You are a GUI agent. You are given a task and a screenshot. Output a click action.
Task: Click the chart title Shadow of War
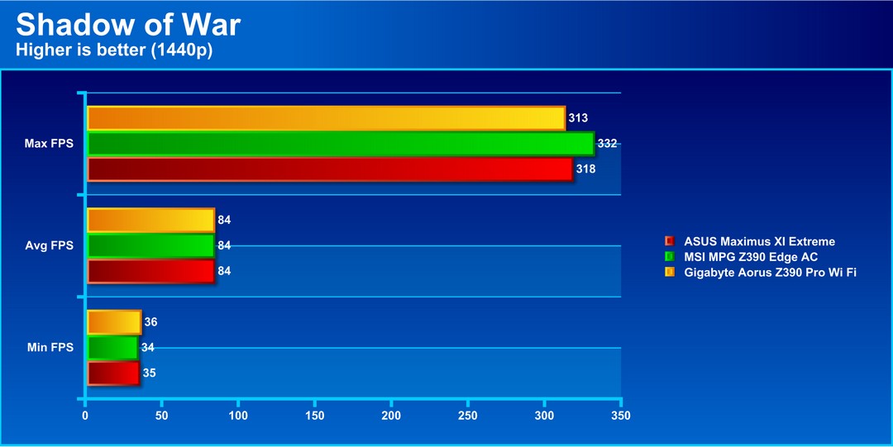[128, 25]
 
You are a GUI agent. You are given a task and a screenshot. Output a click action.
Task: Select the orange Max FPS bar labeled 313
[326, 118]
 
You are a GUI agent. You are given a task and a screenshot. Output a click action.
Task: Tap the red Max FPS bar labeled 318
[330, 169]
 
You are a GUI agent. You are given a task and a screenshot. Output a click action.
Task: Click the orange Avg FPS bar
[150, 220]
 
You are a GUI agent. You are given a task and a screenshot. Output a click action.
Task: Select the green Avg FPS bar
[150, 245]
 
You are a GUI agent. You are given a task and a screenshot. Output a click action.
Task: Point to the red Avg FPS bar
[150, 271]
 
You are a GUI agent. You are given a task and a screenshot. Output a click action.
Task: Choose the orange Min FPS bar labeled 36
[114, 322]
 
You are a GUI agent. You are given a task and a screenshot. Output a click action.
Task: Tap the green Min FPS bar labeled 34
[112, 348]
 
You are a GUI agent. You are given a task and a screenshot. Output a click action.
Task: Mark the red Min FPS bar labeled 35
[113, 373]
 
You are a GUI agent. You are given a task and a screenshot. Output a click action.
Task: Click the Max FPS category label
[49, 144]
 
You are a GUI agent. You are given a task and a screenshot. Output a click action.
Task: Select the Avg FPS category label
[50, 245]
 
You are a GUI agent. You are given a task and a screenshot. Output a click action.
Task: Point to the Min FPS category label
[50, 348]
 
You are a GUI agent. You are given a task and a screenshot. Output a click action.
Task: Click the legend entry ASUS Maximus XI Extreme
[759, 241]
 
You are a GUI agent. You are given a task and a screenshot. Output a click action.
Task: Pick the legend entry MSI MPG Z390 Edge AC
[751, 257]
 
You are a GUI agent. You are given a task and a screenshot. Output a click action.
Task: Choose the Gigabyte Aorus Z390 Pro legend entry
[769, 272]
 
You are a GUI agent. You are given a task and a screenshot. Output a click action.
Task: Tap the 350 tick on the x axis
[621, 415]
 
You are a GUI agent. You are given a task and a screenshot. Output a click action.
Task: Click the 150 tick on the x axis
[315, 415]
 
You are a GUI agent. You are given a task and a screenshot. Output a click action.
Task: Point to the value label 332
[607, 144]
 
